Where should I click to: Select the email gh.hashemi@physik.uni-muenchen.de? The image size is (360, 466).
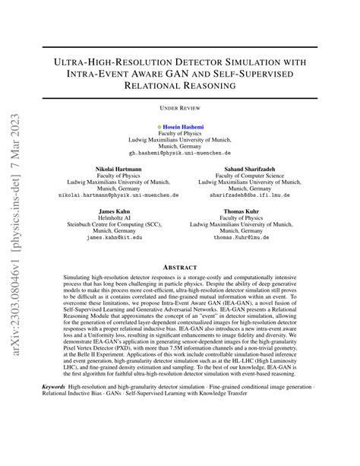180,152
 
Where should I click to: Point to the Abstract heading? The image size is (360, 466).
180,266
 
